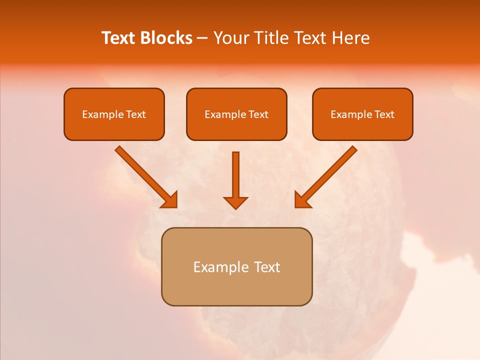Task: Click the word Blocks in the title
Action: click(167, 38)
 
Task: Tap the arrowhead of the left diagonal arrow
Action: click(170, 200)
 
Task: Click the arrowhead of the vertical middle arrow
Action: click(235, 202)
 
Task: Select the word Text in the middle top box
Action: click(258, 114)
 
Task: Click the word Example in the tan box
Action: click(221, 267)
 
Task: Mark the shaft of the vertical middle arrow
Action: click(235, 172)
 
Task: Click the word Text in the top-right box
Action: click(384, 114)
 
